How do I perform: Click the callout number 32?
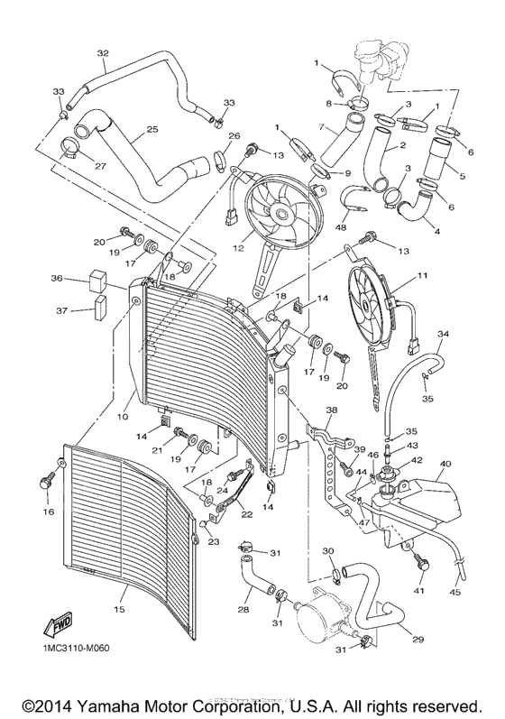coord(103,52)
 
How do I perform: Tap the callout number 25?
coord(151,130)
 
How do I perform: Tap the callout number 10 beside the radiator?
coord(122,417)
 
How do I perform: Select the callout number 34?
coord(443,334)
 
